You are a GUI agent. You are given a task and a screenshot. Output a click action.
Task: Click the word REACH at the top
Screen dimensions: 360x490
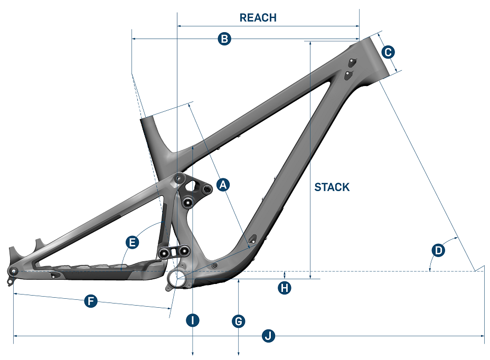coord(258,17)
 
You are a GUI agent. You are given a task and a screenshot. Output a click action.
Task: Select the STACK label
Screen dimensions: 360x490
coord(332,187)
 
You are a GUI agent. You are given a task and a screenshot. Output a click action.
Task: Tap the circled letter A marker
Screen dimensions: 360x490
coord(223,185)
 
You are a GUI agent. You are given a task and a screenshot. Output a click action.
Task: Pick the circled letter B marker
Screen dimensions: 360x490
coord(224,39)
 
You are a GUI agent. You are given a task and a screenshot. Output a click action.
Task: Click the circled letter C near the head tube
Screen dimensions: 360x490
coord(388,52)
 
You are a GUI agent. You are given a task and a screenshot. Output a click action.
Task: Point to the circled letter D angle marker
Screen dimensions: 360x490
coord(438,250)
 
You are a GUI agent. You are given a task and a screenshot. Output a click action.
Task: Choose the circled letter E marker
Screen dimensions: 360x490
coord(133,242)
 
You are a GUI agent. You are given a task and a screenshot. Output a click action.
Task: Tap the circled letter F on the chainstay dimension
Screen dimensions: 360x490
coord(91,301)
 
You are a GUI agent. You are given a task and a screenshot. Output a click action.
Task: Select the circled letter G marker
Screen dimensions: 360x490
coord(239,320)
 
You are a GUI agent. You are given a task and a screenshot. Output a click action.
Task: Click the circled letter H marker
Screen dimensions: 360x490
coord(285,288)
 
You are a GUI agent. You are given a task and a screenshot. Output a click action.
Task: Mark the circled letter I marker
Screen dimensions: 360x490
coord(194,320)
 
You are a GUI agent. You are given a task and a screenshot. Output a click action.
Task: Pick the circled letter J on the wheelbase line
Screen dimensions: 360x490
coord(269,335)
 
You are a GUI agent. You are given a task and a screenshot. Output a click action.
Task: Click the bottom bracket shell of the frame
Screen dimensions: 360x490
coord(177,278)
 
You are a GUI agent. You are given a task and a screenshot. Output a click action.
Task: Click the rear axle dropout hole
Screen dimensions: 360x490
coord(14,271)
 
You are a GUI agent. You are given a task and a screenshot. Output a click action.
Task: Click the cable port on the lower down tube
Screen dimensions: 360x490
coord(253,239)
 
